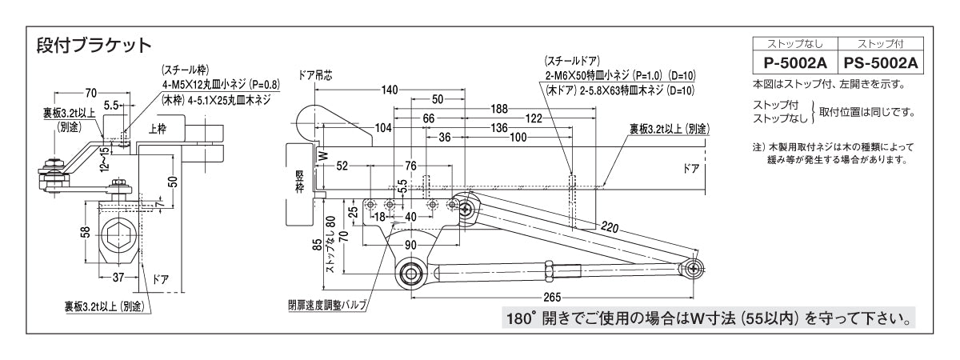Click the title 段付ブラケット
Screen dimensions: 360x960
(94, 44)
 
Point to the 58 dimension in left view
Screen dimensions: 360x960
(84, 232)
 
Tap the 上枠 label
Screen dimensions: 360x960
(157, 129)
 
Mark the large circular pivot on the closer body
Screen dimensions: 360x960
(411, 272)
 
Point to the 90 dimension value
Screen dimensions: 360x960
(409, 244)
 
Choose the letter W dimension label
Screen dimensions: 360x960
(323, 157)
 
